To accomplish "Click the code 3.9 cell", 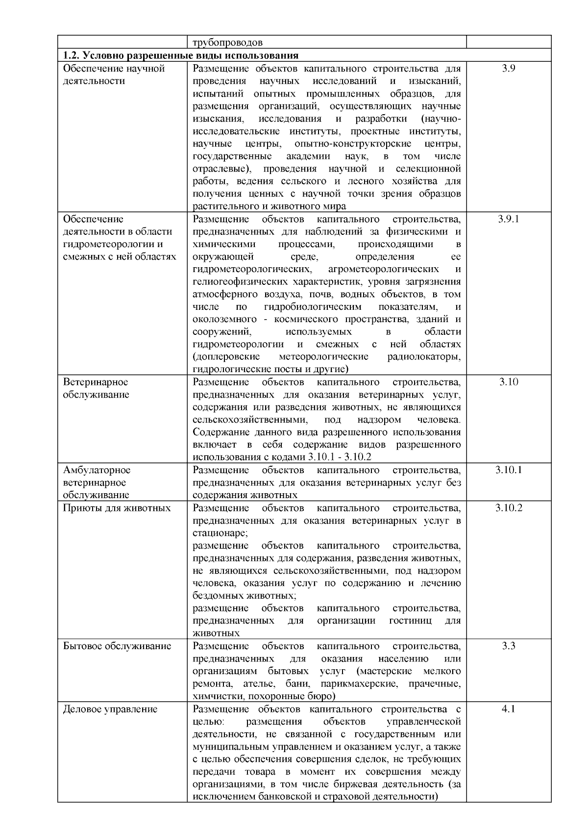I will click(x=509, y=69).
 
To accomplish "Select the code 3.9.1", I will click(x=509, y=219).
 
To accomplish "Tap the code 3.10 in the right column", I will click(x=509, y=382).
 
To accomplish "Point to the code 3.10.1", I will click(x=509, y=470).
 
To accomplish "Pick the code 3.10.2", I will click(x=509, y=507).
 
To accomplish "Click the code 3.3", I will click(x=509, y=646).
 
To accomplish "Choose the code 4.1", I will click(x=509, y=709).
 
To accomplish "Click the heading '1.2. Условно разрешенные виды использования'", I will click(x=181, y=55).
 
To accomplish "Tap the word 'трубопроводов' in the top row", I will click(x=227, y=43).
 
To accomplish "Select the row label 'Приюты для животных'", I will click(x=117, y=507).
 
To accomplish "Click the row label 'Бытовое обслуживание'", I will click(x=117, y=646).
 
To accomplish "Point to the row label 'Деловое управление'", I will click(x=110, y=709).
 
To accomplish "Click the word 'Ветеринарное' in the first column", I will click(x=96, y=382).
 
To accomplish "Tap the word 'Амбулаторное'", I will click(x=97, y=470).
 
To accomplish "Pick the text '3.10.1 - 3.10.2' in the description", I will click(x=340, y=457).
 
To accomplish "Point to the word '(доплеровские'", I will click(x=226, y=356).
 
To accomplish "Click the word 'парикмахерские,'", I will click(x=362, y=683).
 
